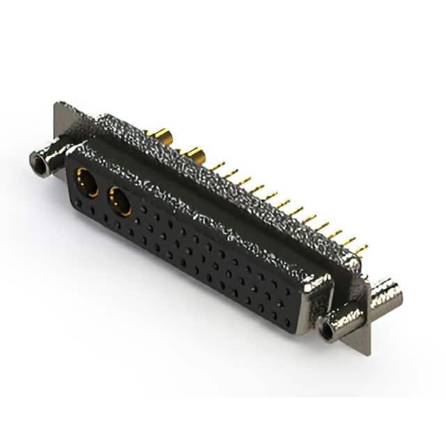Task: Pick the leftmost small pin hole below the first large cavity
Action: tap(78, 203)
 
